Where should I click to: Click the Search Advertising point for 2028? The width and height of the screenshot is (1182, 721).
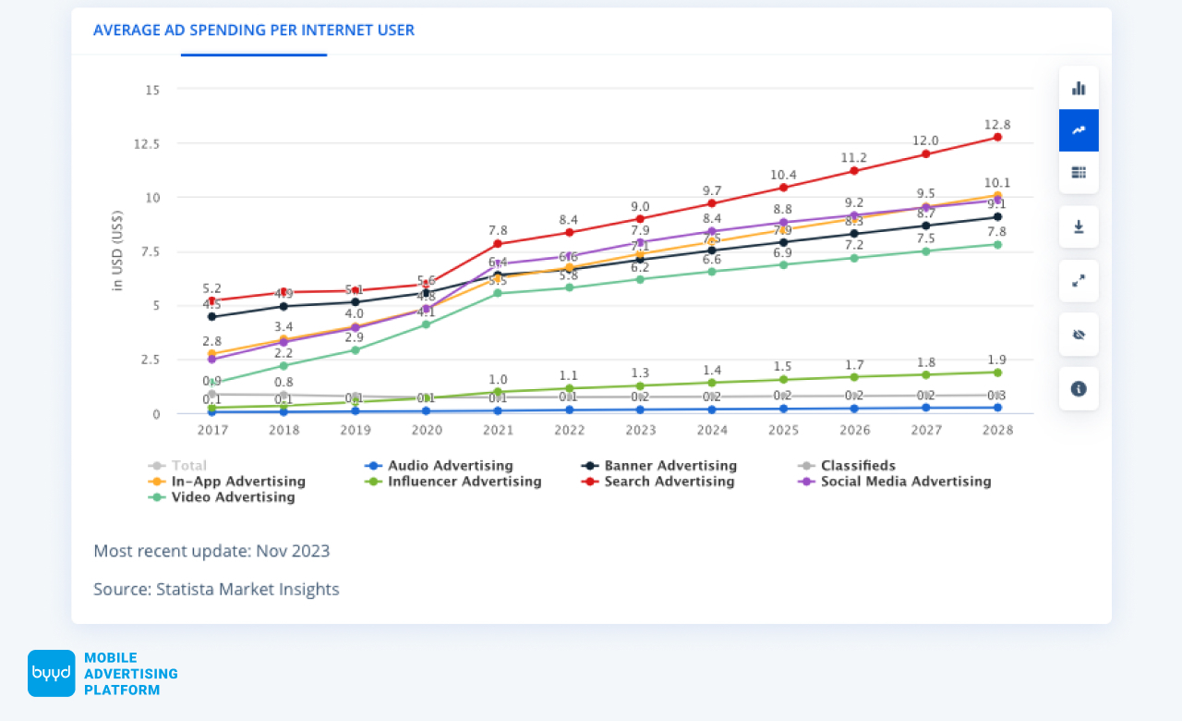coord(997,137)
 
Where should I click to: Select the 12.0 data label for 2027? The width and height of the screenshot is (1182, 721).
coord(926,141)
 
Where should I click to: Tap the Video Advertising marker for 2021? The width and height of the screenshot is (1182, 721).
coord(497,293)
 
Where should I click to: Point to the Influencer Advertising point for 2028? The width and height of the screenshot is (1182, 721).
coord(997,373)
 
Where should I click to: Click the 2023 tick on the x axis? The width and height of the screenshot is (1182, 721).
coord(640,431)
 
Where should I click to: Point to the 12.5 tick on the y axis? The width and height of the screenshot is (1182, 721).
coord(148,144)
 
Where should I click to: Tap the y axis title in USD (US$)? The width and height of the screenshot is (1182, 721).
coord(117,251)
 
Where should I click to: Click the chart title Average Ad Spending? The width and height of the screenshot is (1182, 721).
coord(254,31)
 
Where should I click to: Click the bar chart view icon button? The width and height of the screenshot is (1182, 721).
coord(1079,89)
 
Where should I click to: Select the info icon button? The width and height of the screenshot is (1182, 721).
coord(1079,389)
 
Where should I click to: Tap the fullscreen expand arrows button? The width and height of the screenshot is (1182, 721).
coord(1079,281)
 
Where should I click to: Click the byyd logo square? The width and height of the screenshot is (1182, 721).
coord(51,673)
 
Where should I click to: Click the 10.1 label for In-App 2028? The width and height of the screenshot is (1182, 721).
coord(997,183)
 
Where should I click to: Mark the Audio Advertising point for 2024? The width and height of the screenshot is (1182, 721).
coord(711,409)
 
